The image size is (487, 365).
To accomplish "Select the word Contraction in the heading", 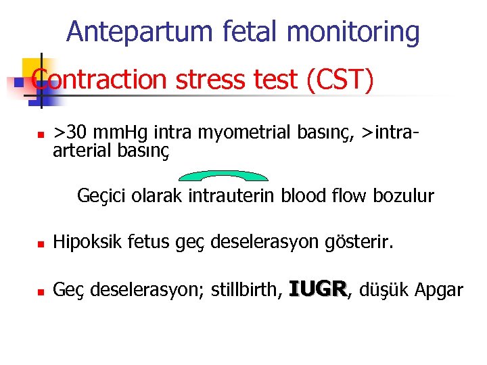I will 97,80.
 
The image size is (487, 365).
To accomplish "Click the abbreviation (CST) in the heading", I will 339,80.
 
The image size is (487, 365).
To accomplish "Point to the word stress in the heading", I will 206,80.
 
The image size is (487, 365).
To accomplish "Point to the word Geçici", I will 98,197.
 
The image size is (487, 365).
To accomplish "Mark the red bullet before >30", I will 41,133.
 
